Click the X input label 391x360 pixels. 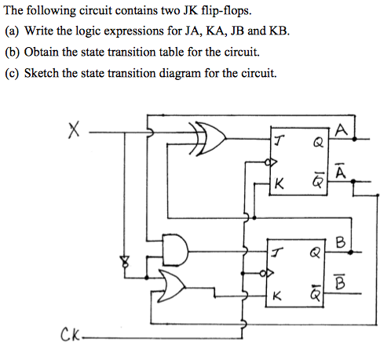coord(73,133)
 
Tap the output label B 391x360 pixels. coord(339,242)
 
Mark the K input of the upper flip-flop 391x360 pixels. coord(279,185)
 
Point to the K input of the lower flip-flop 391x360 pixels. coord(276,296)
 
